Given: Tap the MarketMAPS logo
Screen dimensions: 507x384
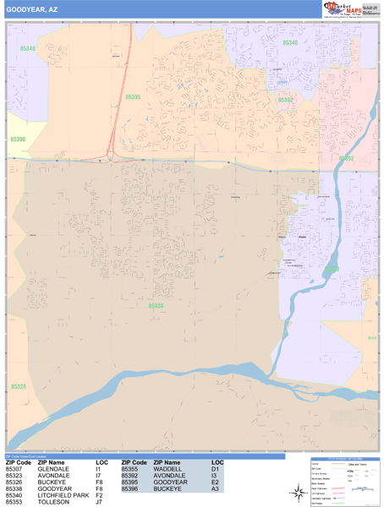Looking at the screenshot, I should point(345,9).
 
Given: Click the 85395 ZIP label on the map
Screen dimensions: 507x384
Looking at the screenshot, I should point(133,98).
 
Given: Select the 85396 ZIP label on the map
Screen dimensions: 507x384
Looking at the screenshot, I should point(18,139).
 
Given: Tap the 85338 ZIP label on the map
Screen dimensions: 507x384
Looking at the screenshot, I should point(156,306).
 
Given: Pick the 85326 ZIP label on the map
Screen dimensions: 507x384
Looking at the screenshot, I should point(18,386).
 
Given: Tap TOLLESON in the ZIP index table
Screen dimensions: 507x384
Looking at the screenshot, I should point(53,502).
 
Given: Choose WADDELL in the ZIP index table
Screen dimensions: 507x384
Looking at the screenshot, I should point(167,468).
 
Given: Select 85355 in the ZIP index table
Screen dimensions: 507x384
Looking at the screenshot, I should point(129,468).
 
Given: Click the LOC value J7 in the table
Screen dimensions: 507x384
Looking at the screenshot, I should point(99,502).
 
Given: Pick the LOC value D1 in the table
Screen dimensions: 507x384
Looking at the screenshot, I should point(215,468).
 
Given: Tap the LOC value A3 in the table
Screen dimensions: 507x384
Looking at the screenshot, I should point(215,488).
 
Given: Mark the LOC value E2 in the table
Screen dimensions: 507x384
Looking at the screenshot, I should point(215,482).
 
